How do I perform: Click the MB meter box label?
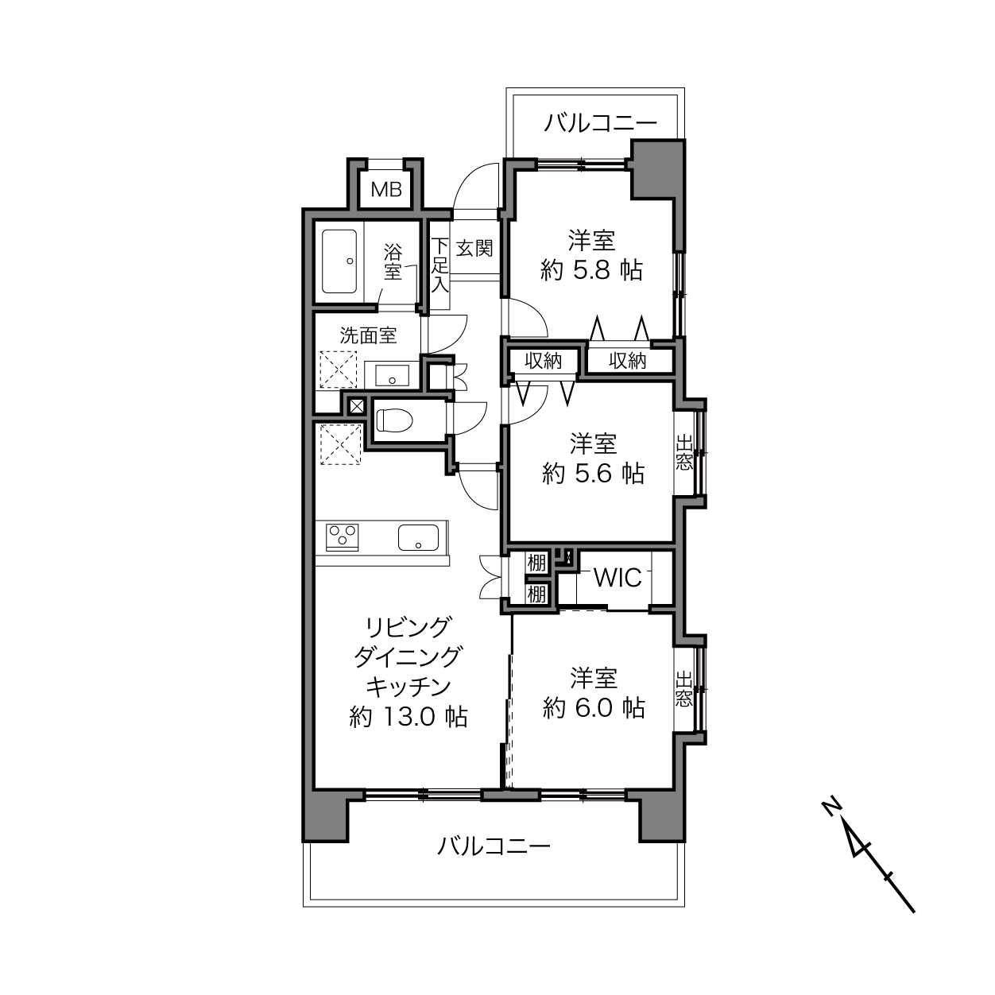pyautogui.click(x=386, y=190)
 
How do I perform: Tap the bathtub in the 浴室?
pyautogui.click(x=339, y=261)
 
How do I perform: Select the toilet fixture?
pyautogui.click(x=395, y=420)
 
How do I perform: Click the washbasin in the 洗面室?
pyautogui.click(x=392, y=375)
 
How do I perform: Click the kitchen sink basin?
pyautogui.click(x=418, y=537)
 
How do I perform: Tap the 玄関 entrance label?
pyautogui.click(x=474, y=249)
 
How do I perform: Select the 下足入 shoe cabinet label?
pyautogui.click(x=440, y=265)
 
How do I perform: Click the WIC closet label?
pyautogui.click(x=618, y=577)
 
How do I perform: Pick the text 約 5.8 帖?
pyautogui.click(x=591, y=270)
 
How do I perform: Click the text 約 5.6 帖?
pyautogui.click(x=593, y=473)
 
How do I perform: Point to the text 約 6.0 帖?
pyautogui.click(x=594, y=707)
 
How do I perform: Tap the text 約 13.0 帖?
pyautogui.click(x=408, y=717)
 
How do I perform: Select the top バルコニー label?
pyautogui.click(x=601, y=123)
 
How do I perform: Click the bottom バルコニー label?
pyautogui.click(x=494, y=846)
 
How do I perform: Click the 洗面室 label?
pyautogui.click(x=368, y=335)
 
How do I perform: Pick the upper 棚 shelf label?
pyautogui.click(x=536, y=563)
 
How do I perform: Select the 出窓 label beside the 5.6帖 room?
pyautogui.click(x=683, y=453)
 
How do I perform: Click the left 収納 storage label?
pyautogui.click(x=543, y=361)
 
